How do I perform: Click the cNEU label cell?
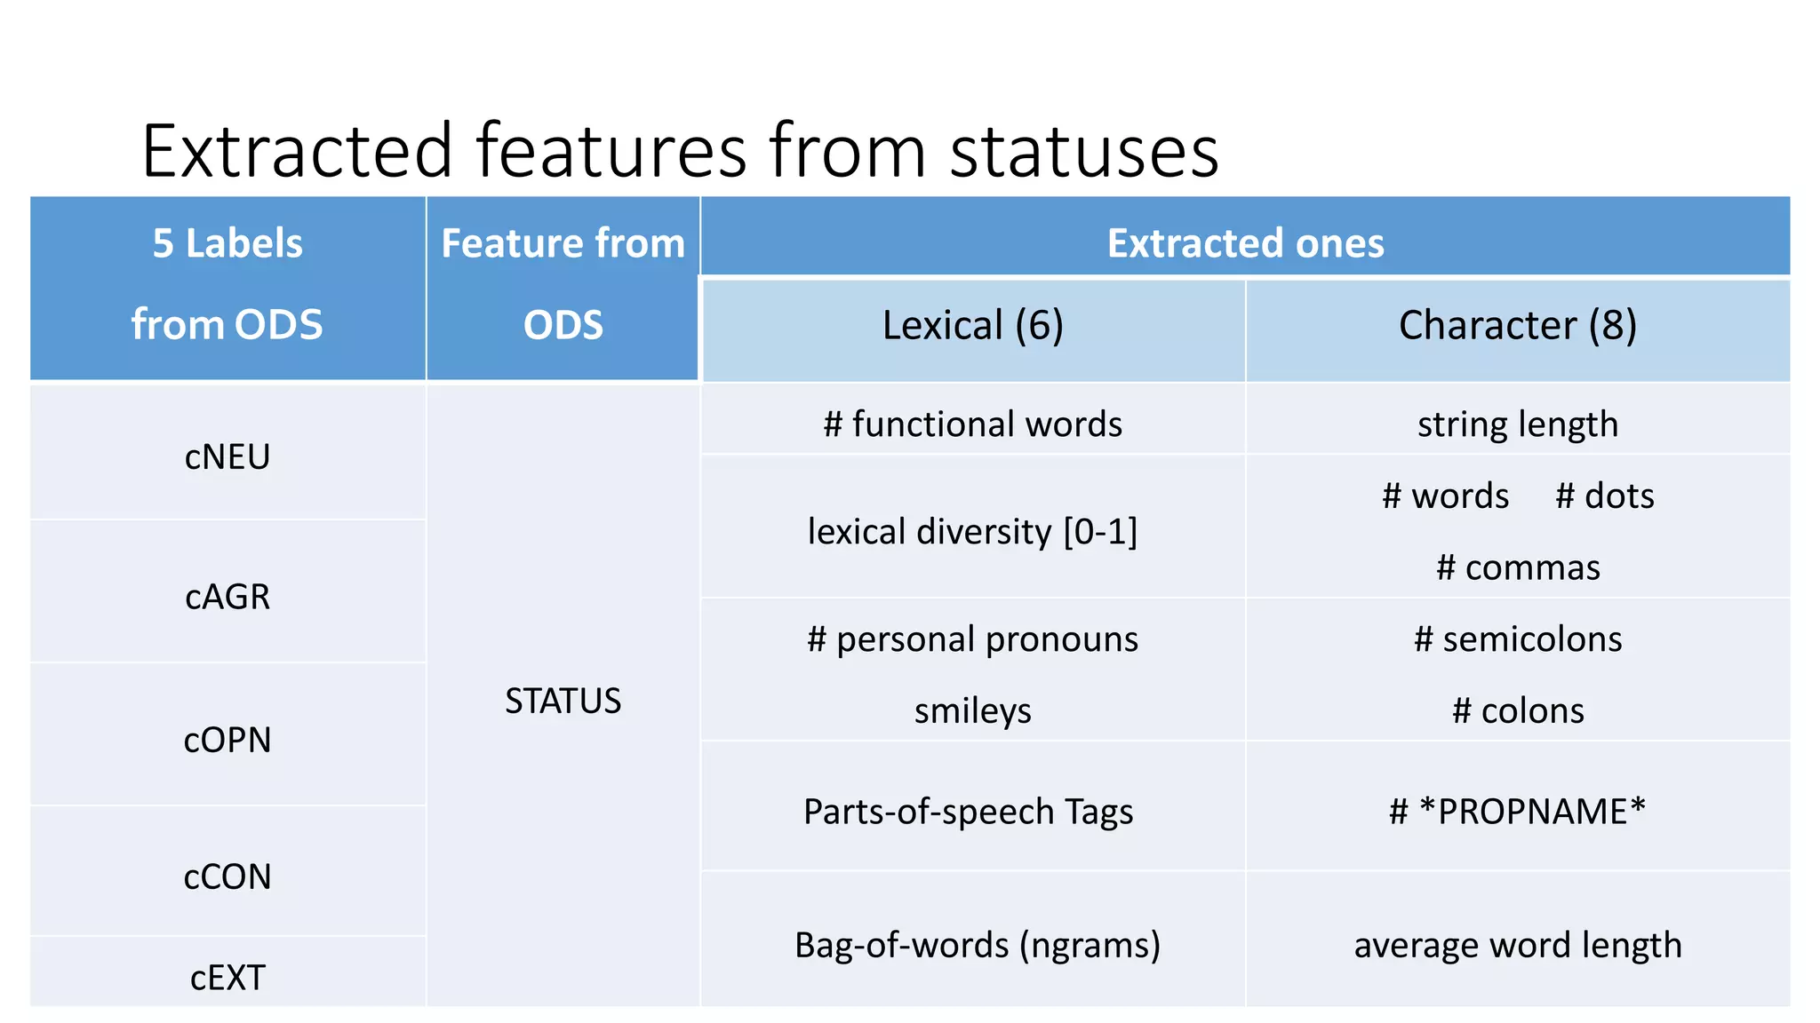point(227,457)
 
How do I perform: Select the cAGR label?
point(227,597)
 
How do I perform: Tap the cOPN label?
point(227,740)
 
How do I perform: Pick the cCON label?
point(227,877)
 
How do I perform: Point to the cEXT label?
point(227,978)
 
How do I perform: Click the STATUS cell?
point(563,702)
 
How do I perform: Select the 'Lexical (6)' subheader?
point(973,325)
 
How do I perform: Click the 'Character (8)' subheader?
point(1518,325)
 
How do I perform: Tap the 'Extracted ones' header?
point(1245,243)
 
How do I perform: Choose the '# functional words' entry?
point(973,424)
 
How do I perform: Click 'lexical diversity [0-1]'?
point(973,532)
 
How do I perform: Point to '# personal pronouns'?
point(973,639)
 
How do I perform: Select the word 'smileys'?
point(973,711)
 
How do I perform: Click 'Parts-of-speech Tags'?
point(969,812)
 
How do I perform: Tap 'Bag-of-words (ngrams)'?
point(978,945)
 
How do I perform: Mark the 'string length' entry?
point(1518,424)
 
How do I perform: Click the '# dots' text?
point(1605,496)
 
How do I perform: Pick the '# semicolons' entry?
point(1518,639)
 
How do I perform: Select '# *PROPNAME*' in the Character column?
point(1518,812)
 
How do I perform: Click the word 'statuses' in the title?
point(1084,151)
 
